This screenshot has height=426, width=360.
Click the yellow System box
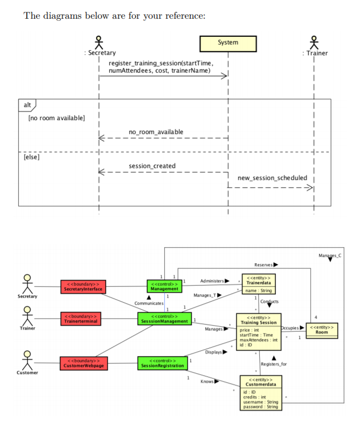(x=228, y=43)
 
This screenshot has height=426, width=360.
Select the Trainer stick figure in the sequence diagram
(x=315, y=42)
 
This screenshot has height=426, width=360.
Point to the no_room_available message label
(x=156, y=132)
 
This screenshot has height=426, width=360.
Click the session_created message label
(x=152, y=166)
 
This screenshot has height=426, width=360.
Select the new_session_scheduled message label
(x=272, y=178)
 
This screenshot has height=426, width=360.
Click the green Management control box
(x=164, y=286)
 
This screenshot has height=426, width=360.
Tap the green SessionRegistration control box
(x=162, y=364)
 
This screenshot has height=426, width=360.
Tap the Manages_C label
(x=330, y=256)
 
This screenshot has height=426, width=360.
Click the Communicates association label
(x=149, y=303)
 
